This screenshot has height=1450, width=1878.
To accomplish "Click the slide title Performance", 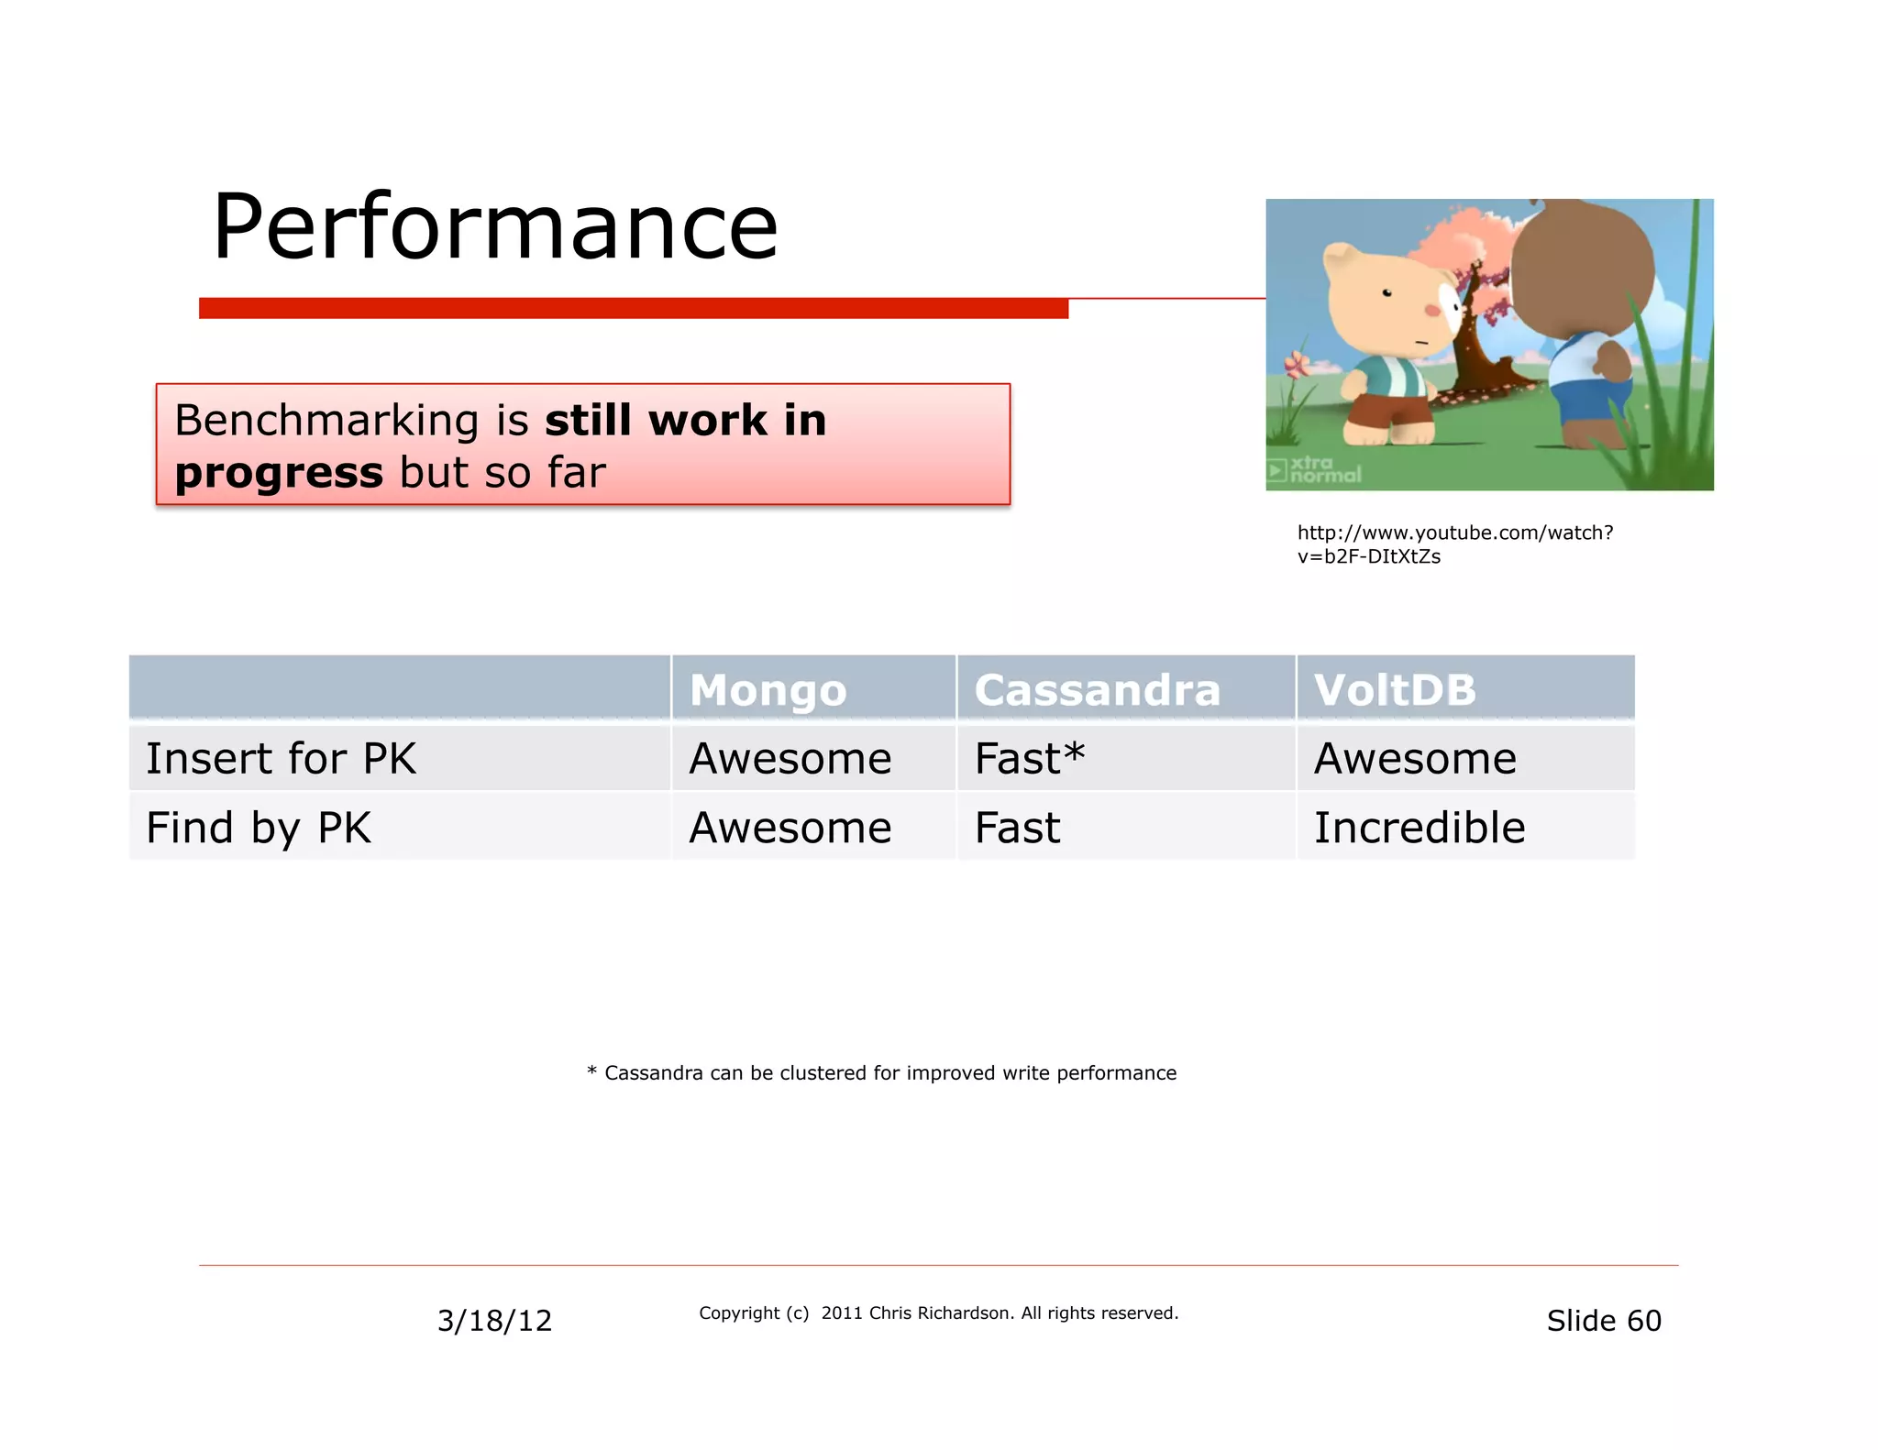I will (x=494, y=226).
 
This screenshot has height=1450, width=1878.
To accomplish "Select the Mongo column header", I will (x=768, y=690).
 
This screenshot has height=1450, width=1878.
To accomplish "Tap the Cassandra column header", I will (x=1097, y=690).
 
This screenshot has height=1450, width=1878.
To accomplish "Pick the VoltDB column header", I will (x=1395, y=690).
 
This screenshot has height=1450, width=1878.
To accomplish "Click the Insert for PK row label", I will (x=281, y=759).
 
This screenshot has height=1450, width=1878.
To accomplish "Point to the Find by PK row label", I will (x=258, y=828).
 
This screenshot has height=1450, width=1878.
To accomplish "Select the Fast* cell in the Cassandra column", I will (x=1029, y=759).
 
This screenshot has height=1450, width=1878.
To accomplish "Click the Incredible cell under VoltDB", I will (x=1419, y=828).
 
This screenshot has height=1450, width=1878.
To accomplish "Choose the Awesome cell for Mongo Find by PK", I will (x=790, y=828).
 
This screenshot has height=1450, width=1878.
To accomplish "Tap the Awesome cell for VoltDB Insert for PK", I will (x=1415, y=759).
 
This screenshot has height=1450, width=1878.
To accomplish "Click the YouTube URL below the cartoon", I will (x=1454, y=544).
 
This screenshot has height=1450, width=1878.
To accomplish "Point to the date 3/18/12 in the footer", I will (x=494, y=1321).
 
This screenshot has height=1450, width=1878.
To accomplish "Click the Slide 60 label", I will (x=1603, y=1321).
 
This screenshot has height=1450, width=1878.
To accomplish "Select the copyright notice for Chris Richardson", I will (x=938, y=1313).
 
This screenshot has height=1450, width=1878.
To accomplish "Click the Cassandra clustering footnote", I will (x=881, y=1073).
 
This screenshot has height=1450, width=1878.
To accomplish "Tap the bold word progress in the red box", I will (x=279, y=473).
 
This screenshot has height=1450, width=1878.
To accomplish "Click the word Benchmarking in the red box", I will (x=326, y=421).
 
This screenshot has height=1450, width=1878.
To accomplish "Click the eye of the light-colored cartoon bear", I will (x=1387, y=293).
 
